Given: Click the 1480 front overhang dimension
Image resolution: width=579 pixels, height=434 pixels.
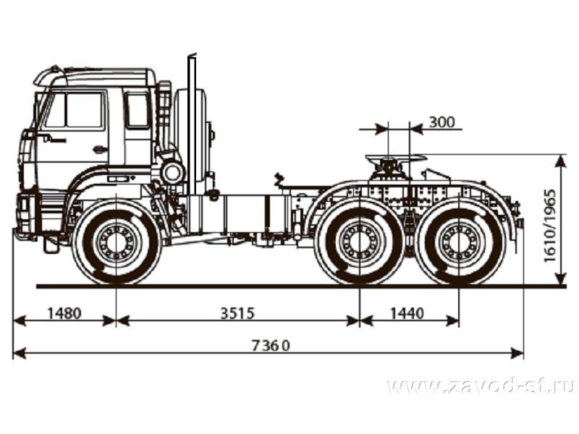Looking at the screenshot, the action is coord(64,313).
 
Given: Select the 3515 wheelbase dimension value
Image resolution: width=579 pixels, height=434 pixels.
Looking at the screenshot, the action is coord(237,313).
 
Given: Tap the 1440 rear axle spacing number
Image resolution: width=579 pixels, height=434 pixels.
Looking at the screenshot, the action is coord(407,313).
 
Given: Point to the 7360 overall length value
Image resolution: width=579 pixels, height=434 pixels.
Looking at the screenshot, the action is coord(271,346).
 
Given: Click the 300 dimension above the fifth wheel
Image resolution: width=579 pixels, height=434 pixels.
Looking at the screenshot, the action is coord(441,122).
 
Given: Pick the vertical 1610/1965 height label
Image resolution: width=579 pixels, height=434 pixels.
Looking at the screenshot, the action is coord(549,226).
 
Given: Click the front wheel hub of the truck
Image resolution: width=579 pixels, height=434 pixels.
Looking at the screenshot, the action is coord(117,242).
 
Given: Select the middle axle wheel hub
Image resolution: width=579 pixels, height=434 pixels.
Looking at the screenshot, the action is coord(360,242).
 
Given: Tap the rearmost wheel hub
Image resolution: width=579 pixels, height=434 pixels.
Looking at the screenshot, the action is coord(459,242).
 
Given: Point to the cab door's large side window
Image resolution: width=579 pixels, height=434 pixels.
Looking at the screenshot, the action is coord(85,110).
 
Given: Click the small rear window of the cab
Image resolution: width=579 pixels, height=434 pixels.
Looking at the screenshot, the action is coord(138,110).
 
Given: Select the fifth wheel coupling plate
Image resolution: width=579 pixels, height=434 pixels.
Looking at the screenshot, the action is coord(396,158).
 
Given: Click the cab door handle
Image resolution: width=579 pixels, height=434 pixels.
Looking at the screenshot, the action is coord(98,149).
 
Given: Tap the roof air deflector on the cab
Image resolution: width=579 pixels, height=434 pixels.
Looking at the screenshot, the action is coord(94,77).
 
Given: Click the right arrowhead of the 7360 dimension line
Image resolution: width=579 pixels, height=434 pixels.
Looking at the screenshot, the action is coord(517,353).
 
